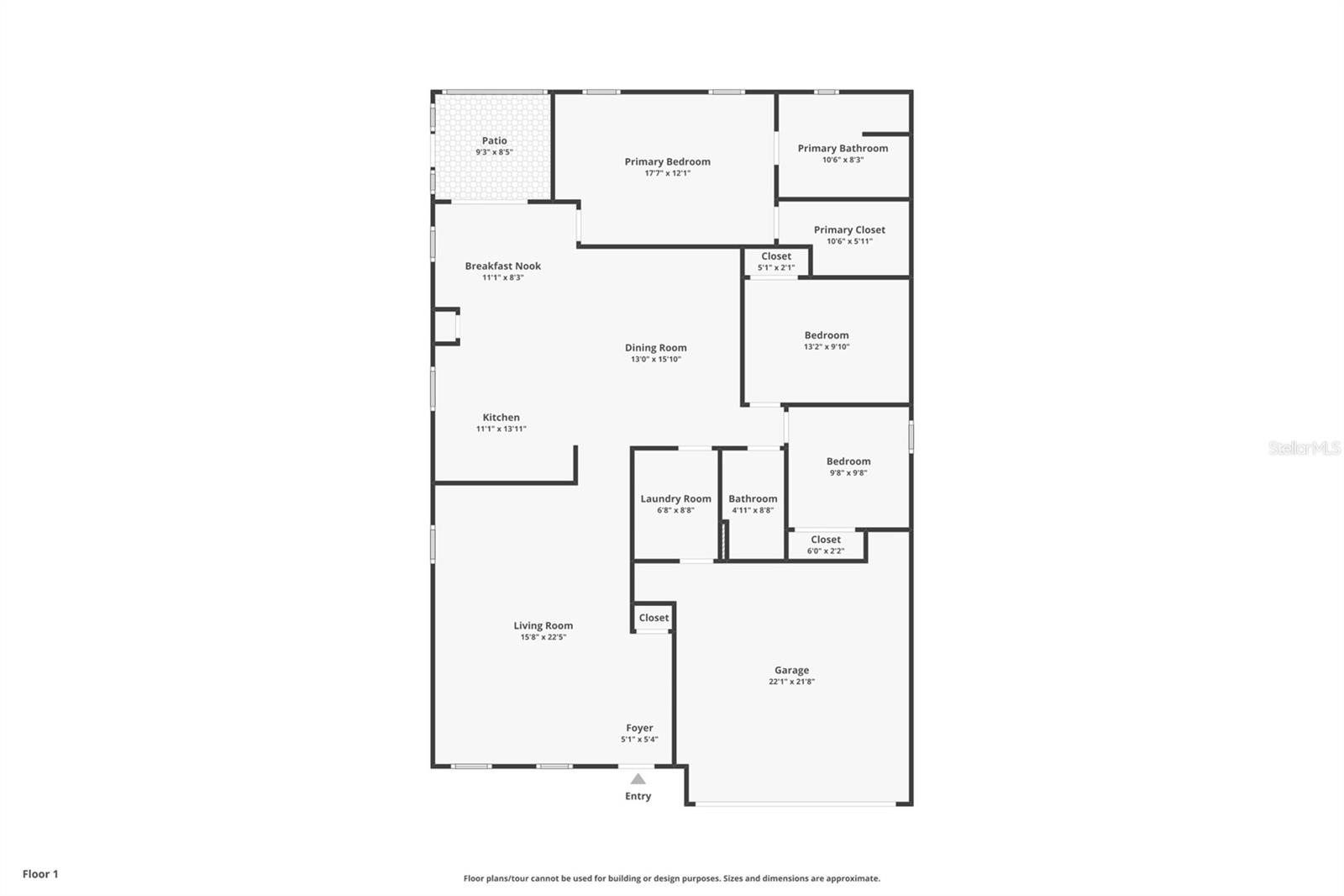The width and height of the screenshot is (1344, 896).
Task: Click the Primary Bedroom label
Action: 667,161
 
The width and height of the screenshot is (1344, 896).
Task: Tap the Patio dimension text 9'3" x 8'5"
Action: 494,153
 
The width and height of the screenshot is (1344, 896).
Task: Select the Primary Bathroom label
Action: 843,148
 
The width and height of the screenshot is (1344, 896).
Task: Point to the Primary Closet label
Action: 849,229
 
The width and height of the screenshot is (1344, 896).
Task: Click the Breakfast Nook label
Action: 502,266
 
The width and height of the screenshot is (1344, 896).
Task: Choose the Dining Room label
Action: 655,347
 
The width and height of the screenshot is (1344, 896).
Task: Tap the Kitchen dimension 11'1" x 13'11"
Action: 501,429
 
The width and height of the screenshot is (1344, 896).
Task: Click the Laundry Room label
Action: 675,498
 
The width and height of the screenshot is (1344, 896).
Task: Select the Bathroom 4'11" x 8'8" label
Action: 753,504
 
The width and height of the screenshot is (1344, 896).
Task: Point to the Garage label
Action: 791,670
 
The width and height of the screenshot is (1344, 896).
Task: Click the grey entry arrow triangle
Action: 638,778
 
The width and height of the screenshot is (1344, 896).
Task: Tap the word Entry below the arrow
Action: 638,796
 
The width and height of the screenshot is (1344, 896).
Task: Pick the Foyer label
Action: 639,728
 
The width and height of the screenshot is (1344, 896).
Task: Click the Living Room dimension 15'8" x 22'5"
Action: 543,637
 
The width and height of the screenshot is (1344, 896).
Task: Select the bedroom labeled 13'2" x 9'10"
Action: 827,340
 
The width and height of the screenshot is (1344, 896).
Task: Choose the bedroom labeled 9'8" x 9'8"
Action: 848,466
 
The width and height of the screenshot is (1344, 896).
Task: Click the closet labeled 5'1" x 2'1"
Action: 775,261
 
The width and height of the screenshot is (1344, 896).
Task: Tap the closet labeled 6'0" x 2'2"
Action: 825,545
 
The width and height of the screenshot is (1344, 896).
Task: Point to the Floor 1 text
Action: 40,874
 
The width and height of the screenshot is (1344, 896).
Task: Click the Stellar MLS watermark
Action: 1304,448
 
